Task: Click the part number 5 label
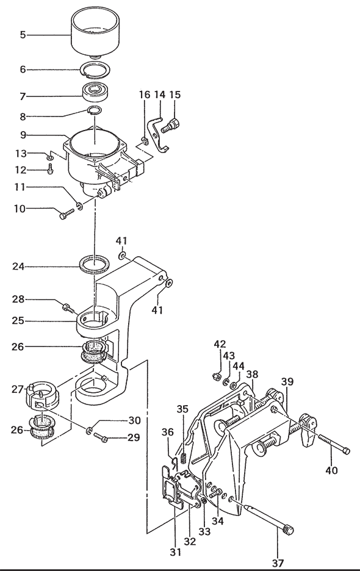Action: [x=23, y=35]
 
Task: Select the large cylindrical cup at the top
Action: [x=95, y=32]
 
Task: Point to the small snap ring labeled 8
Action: [x=95, y=110]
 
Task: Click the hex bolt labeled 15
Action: [x=170, y=125]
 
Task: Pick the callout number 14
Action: [x=160, y=95]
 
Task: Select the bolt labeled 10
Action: [x=66, y=214]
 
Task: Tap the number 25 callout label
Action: [x=18, y=321]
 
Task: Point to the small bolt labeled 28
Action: [x=68, y=308]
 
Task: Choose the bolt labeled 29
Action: [x=100, y=437]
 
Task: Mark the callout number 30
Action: [x=134, y=420]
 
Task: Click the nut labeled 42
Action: [x=216, y=375]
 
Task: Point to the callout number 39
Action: [x=287, y=382]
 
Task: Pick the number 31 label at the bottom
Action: [x=175, y=552]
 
